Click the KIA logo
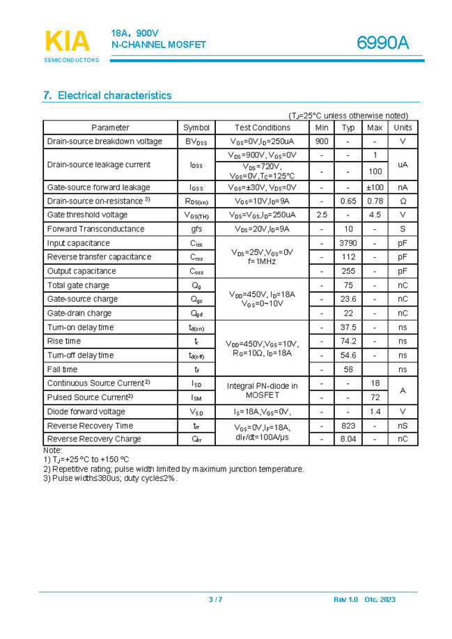coord(68,42)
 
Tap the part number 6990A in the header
coord(383,43)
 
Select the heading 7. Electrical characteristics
coord(107,95)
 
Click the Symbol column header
coord(196,128)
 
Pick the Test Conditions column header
coord(262,128)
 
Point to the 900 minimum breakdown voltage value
coord(322,141)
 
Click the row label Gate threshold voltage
coord(87,215)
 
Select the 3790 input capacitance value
coord(348,243)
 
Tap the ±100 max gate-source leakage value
coord(375,187)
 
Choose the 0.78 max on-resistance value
coord(375,201)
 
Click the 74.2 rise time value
coord(348,341)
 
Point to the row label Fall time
coord(62,369)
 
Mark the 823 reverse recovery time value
coord(348,426)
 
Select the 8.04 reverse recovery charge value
coord(348,439)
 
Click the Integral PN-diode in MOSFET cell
coord(262,390)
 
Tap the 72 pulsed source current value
coord(375,397)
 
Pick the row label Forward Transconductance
coord(95,229)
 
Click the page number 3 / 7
coord(215,600)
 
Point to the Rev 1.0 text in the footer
coord(345,600)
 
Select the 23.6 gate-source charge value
coord(348,299)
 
